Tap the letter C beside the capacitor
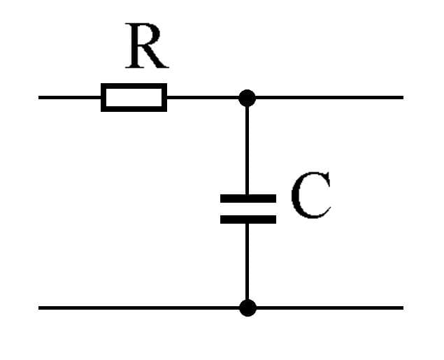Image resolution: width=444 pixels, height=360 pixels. [309, 197]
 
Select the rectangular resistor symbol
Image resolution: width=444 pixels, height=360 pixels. [134, 97]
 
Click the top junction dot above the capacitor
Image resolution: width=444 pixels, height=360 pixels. [247, 97]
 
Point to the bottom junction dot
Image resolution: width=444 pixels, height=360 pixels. [247, 308]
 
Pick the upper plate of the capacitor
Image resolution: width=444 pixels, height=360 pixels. [248, 199]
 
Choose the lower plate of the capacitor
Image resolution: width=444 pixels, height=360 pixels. [248, 219]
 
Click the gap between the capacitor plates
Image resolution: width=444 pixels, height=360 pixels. [248, 209]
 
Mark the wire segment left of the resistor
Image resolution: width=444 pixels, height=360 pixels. [70, 97]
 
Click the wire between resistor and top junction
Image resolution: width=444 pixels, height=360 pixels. [203, 97]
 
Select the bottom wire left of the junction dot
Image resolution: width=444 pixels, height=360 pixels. [140, 308]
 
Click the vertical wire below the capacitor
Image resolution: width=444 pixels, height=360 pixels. [247, 262]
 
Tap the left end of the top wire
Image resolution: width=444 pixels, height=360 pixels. [41, 97]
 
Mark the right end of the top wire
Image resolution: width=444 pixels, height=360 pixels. [401, 97]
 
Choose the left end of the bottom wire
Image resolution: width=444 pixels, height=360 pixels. [41, 308]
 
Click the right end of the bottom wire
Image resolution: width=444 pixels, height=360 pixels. [401, 308]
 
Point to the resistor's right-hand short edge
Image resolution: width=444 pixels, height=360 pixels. [165, 97]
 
